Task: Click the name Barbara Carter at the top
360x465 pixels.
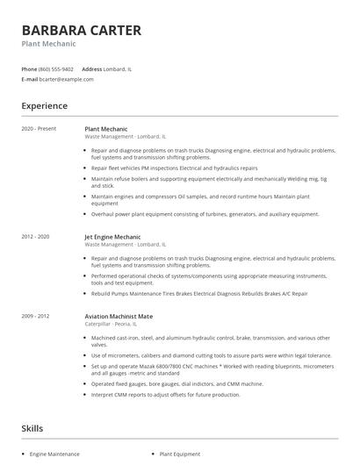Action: [81, 30]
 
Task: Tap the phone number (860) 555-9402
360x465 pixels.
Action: [56, 68]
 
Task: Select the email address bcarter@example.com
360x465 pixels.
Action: [66, 79]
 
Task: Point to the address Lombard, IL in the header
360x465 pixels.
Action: [118, 68]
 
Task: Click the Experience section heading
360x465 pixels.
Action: [45, 106]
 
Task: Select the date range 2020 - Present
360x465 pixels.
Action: [39, 128]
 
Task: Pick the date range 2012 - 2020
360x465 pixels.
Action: [36, 237]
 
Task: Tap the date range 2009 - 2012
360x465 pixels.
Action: [36, 315]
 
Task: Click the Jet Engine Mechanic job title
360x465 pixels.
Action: [112, 237]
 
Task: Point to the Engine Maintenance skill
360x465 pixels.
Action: [54, 454]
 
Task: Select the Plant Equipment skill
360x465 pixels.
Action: [180, 454]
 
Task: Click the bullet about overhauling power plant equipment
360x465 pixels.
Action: [205, 214]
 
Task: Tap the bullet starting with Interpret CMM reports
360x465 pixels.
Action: [165, 395]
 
